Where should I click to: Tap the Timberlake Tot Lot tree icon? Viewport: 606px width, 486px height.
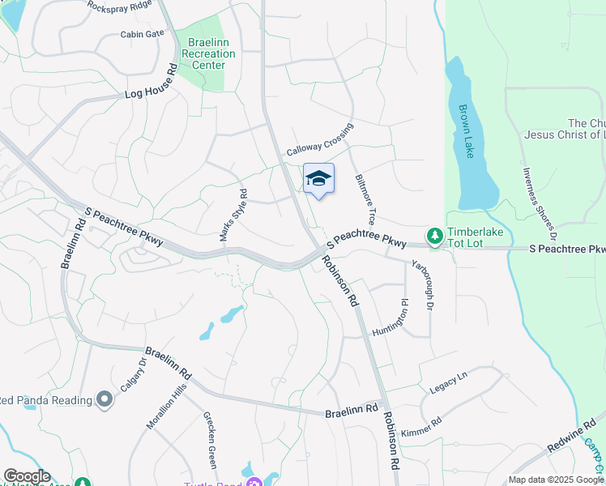coord(435,235)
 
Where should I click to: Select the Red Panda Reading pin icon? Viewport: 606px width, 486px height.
coord(104,399)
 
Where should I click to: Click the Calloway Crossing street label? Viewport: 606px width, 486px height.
coord(320,140)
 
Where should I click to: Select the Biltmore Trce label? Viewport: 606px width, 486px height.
coord(366,200)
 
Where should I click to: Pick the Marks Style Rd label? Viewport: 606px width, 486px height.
coord(233,215)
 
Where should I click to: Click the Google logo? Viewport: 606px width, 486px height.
coord(27,476)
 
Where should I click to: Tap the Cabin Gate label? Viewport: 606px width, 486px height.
coord(143,33)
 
